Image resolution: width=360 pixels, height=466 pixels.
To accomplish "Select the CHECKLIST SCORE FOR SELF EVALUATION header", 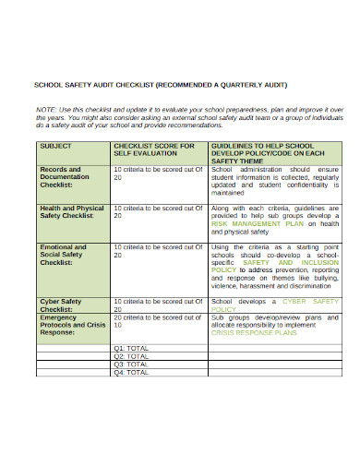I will coord(153,149).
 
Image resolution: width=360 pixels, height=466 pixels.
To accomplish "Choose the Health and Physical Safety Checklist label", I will coord(71,213).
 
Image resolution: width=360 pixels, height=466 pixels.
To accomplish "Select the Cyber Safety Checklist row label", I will coord(62,305).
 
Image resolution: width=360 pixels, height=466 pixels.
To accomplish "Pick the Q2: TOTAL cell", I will coord(131,355).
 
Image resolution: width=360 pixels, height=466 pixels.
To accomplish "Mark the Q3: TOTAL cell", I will coord(131,364).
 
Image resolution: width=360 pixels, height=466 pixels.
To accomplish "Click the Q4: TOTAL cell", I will coord(131,372).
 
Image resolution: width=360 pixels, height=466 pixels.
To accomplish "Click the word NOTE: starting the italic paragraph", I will coord(46,109).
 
